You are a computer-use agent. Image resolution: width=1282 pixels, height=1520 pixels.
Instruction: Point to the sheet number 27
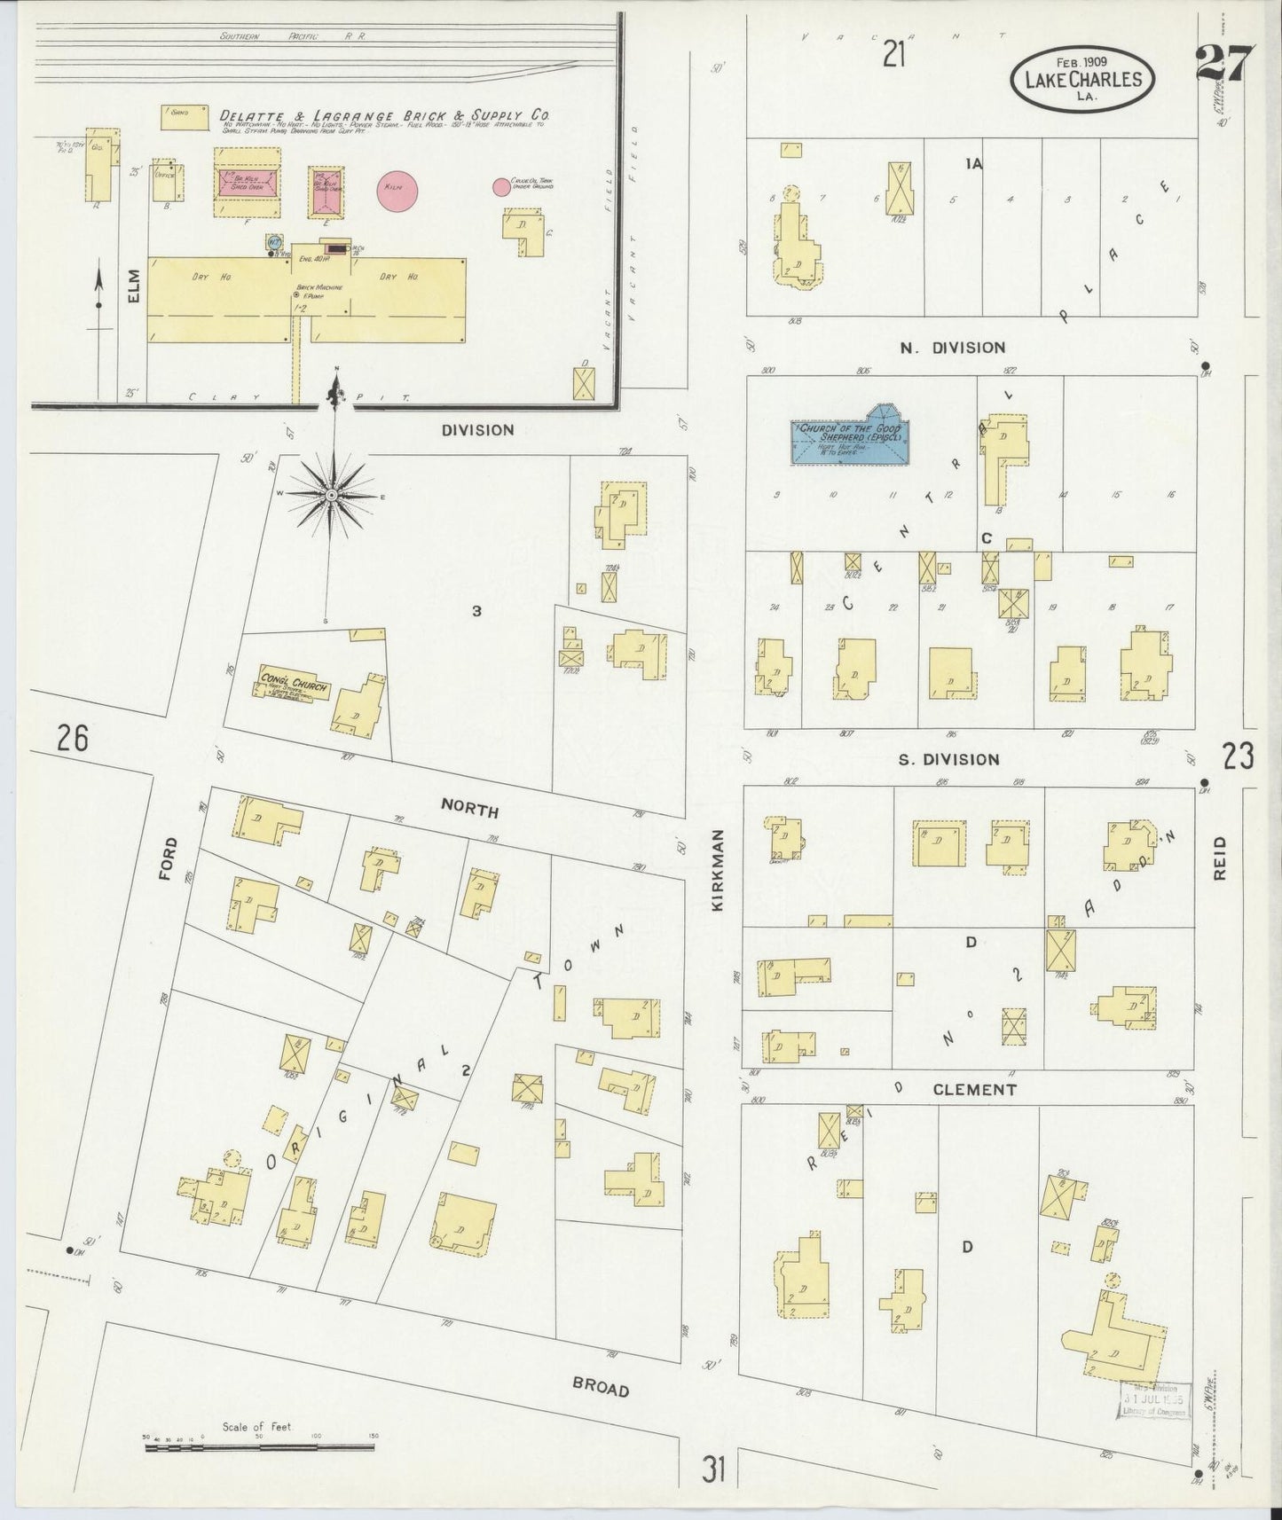pyautogui.click(x=1223, y=64)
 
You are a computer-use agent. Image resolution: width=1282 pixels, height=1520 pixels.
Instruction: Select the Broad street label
pyautogui.click(x=600, y=1388)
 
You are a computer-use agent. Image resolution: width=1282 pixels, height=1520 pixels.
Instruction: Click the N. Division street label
pyautogui.click(x=952, y=348)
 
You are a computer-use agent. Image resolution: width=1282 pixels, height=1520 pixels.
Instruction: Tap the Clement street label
pyautogui.click(x=973, y=1090)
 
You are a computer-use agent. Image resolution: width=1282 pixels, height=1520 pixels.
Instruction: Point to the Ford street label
pyautogui.click(x=168, y=858)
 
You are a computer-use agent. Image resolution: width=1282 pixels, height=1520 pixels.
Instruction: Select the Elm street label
pyautogui.click(x=134, y=288)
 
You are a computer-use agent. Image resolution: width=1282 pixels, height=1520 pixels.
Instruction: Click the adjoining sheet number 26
pyautogui.click(x=73, y=737)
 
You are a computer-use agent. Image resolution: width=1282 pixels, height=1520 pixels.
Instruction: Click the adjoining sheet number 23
pyautogui.click(x=1238, y=756)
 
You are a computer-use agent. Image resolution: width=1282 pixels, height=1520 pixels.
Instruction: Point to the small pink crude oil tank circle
pyautogui.click(x=501, y=186)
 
